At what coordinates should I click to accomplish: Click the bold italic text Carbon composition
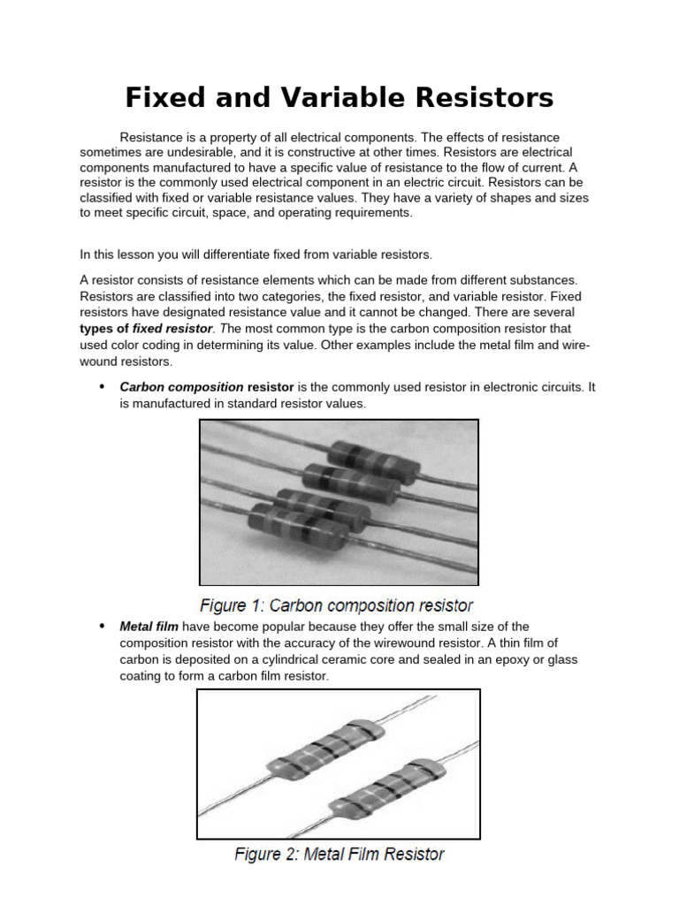click(x=181, y=387)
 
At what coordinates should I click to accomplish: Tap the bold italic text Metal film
click(x=149, y=626)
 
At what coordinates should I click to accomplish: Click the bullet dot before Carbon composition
click(x=101, y=387)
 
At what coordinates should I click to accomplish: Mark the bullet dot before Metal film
click(x=101, y=626)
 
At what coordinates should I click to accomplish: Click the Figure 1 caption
click(x=336, y=605)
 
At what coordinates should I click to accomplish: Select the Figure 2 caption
click(x=339, y=854)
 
